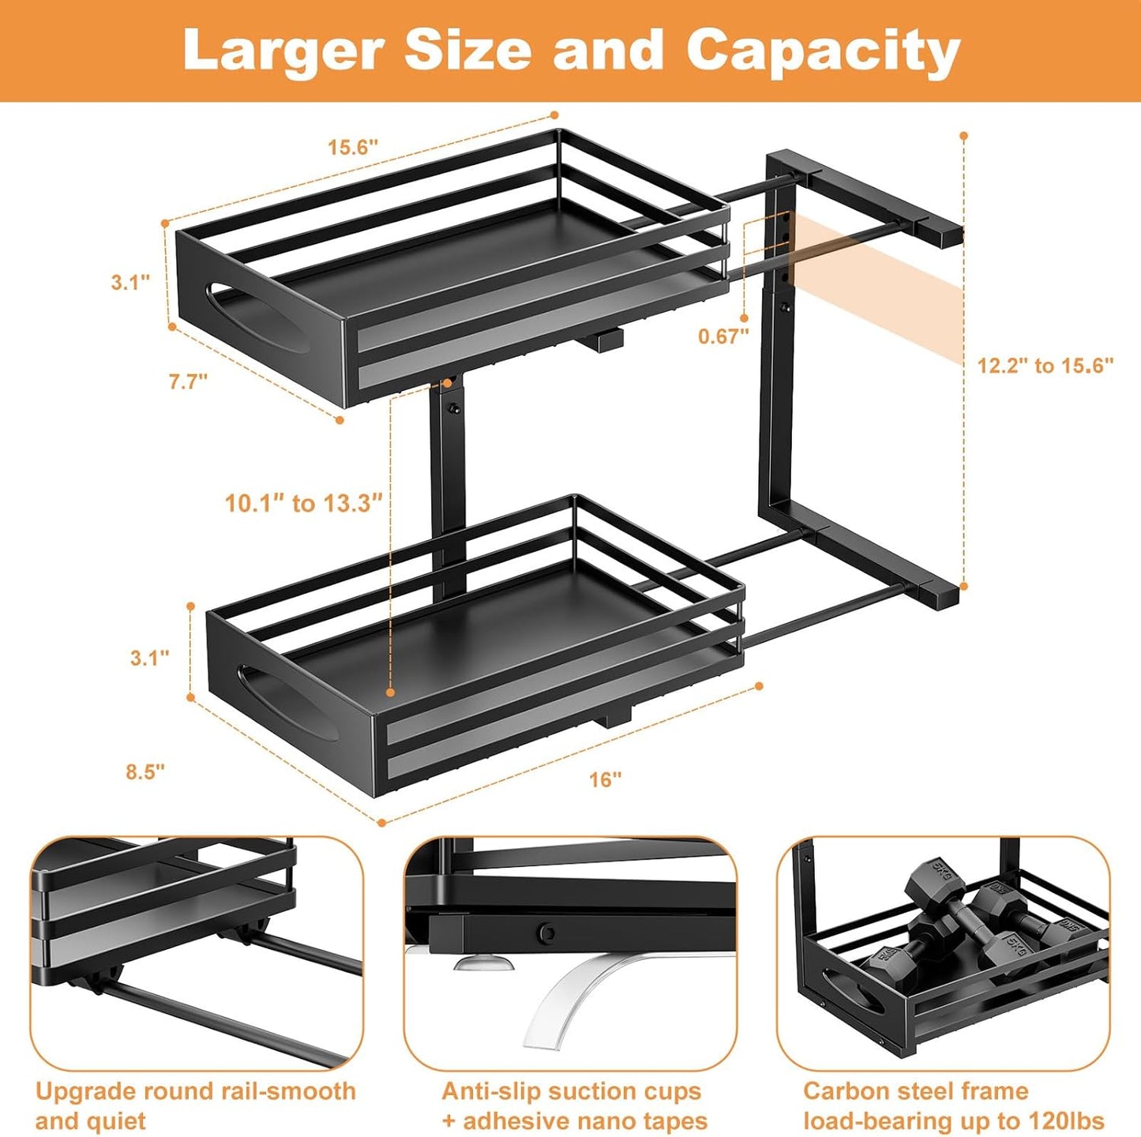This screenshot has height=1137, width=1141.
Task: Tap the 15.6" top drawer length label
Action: coord(353,147)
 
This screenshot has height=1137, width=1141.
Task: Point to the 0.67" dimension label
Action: coord(723,336)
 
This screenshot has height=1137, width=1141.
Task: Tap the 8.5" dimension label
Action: coord(145,772)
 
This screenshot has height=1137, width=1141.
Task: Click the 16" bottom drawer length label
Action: coord(606,779)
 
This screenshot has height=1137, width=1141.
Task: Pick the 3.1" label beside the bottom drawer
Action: coord(150,658)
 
